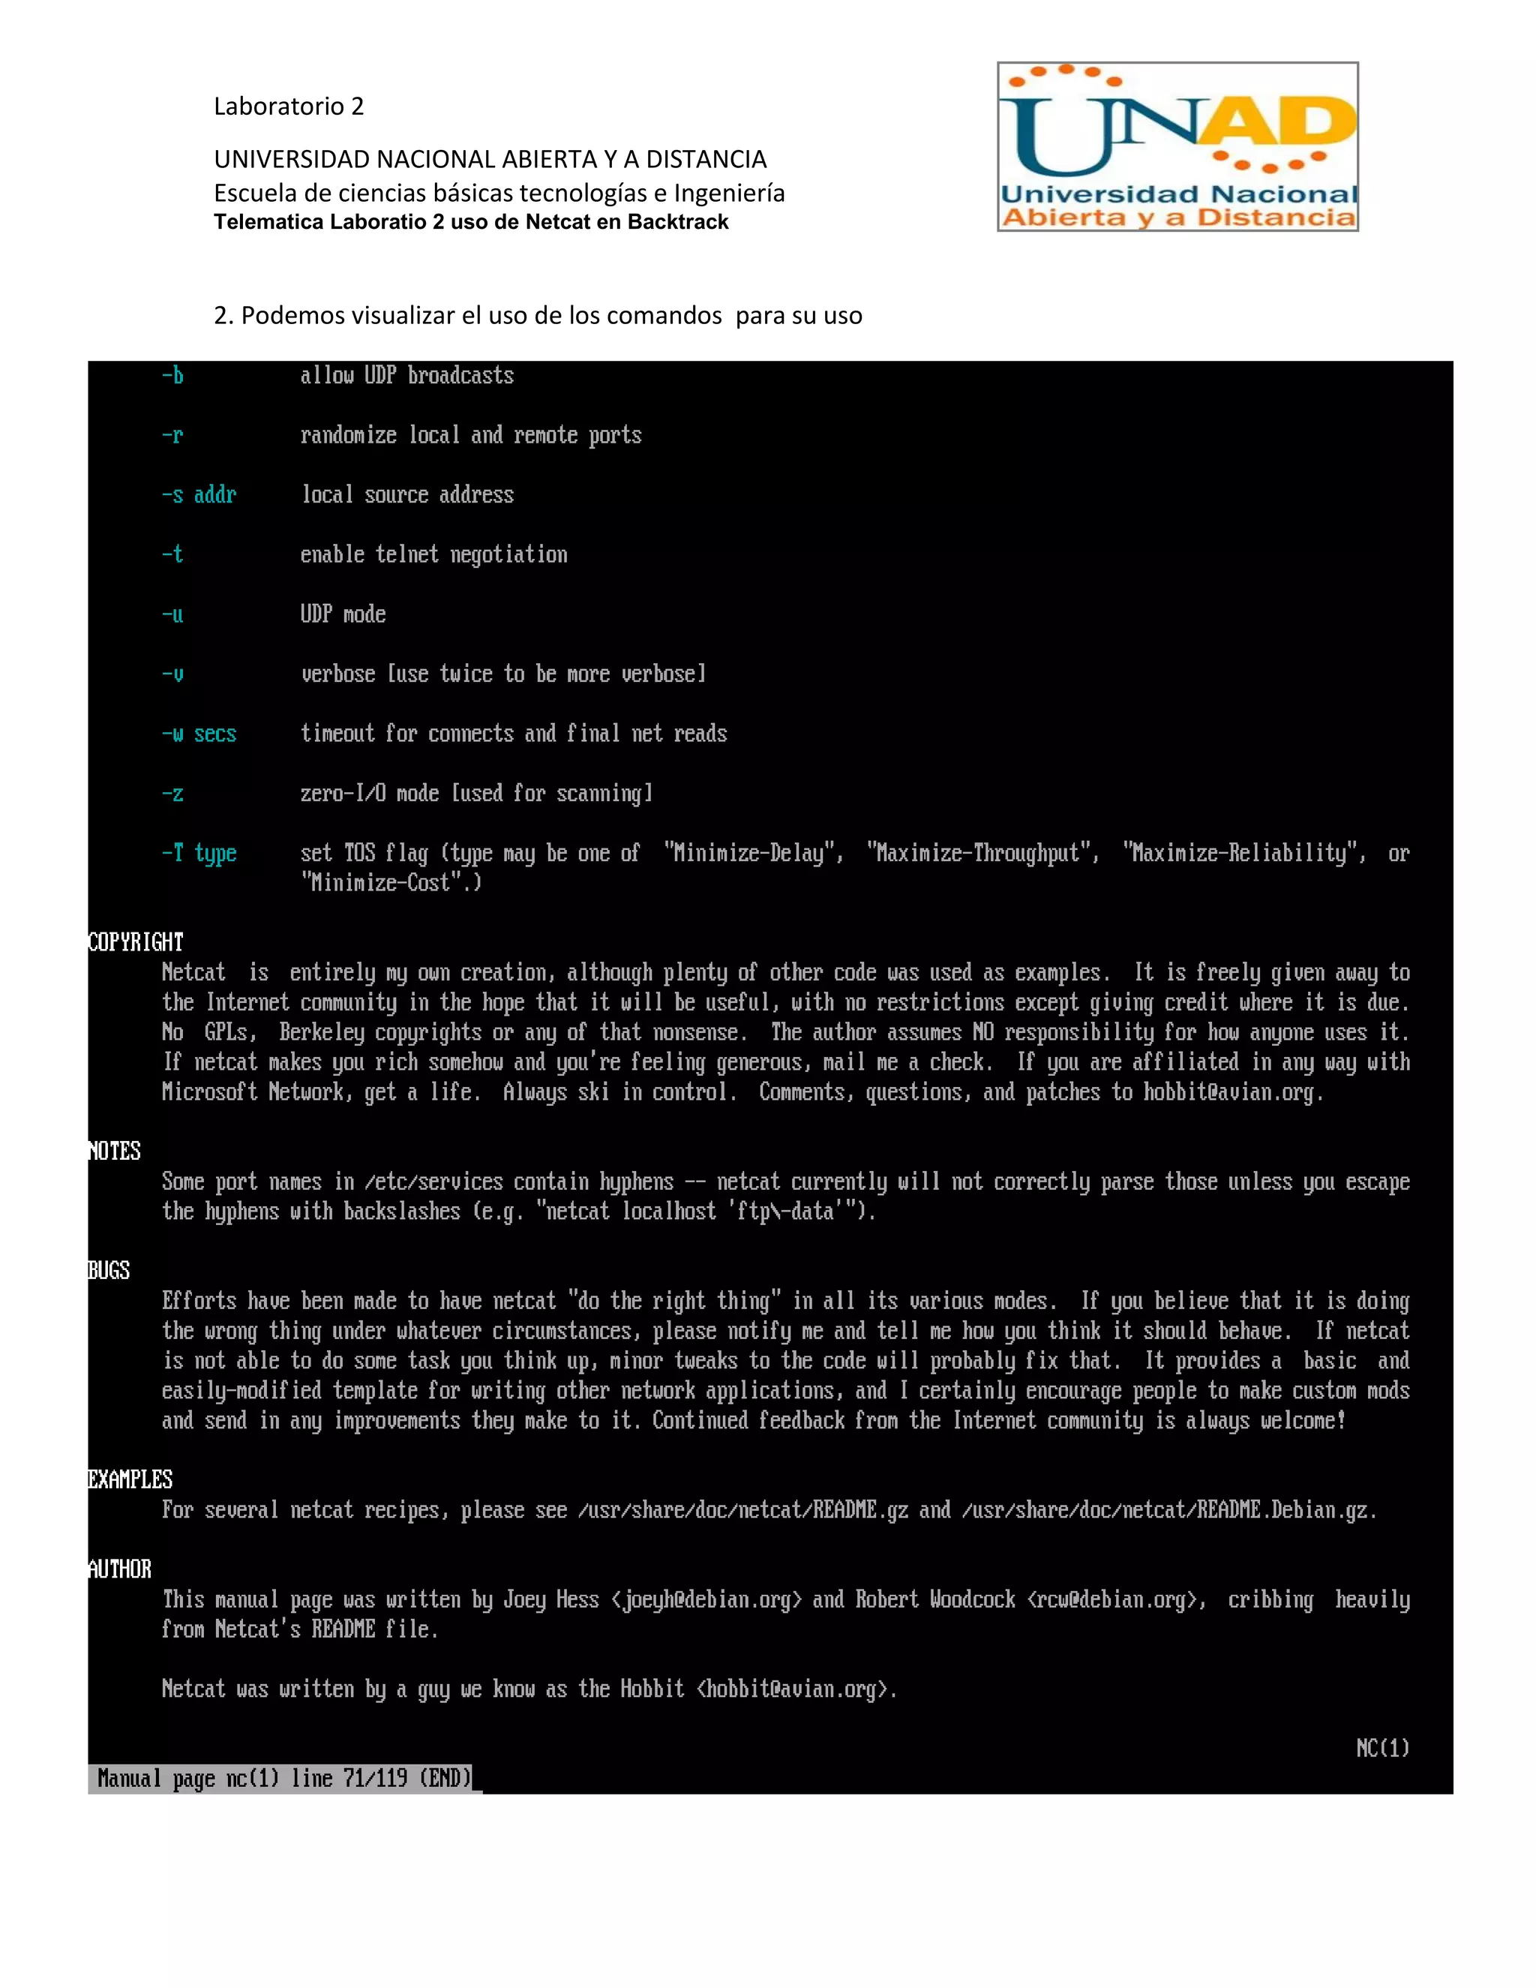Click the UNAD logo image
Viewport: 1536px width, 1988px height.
click(x=1177, y=146)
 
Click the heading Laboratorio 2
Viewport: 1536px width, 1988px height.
click(x=289, y=107)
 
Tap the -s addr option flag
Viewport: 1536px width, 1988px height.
click(x=198, y=495)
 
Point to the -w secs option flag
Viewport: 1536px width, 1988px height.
click(x=198, y=734)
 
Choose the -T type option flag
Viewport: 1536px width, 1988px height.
click(x=198, y=853)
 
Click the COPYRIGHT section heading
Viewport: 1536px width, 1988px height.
click(x=136, y=942)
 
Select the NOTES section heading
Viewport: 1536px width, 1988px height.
click(x=115, y=1152)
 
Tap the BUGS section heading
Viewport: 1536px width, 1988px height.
click(x=109, y=1271)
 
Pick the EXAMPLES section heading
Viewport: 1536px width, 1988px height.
click(x=130, y=1479)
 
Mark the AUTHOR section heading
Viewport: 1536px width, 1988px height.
click(x=120, y=1569)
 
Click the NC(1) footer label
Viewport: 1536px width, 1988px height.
click(x=1382, y=1748)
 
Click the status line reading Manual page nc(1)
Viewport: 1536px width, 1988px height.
click(x=284, y=1778)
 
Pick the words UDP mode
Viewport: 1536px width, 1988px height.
click(x=343, y=614)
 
